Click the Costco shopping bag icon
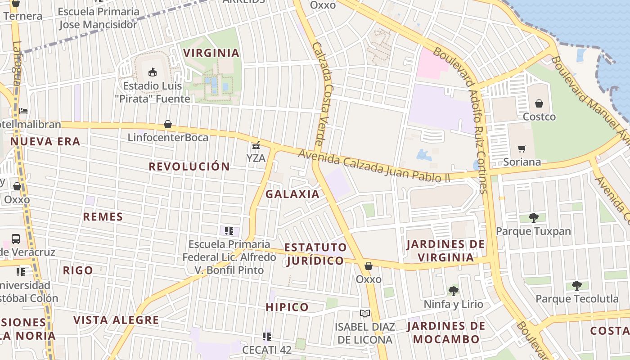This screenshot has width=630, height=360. point(539,103)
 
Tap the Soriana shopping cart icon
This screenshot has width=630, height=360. point(522,148)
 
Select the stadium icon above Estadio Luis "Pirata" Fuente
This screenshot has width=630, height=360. point(153,72)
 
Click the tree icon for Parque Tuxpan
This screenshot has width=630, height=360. point(533,218)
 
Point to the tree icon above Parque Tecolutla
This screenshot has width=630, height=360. point(576,285)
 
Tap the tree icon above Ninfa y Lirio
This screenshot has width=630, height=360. point(454,291)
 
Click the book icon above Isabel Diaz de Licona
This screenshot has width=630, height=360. point(364,313)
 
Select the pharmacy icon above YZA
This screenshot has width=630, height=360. point(256,145)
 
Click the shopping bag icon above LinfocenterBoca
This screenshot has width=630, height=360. point(168,124)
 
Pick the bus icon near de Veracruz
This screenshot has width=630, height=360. point(16,238)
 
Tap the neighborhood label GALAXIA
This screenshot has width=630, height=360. point(292,194)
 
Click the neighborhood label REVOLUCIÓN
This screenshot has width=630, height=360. point(189,166)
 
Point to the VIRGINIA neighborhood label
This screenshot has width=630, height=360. point(211,53)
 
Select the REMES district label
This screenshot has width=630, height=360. point(103,217)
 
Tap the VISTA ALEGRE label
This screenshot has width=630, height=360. point(116,320)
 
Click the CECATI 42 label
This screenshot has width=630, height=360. point(267,350)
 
